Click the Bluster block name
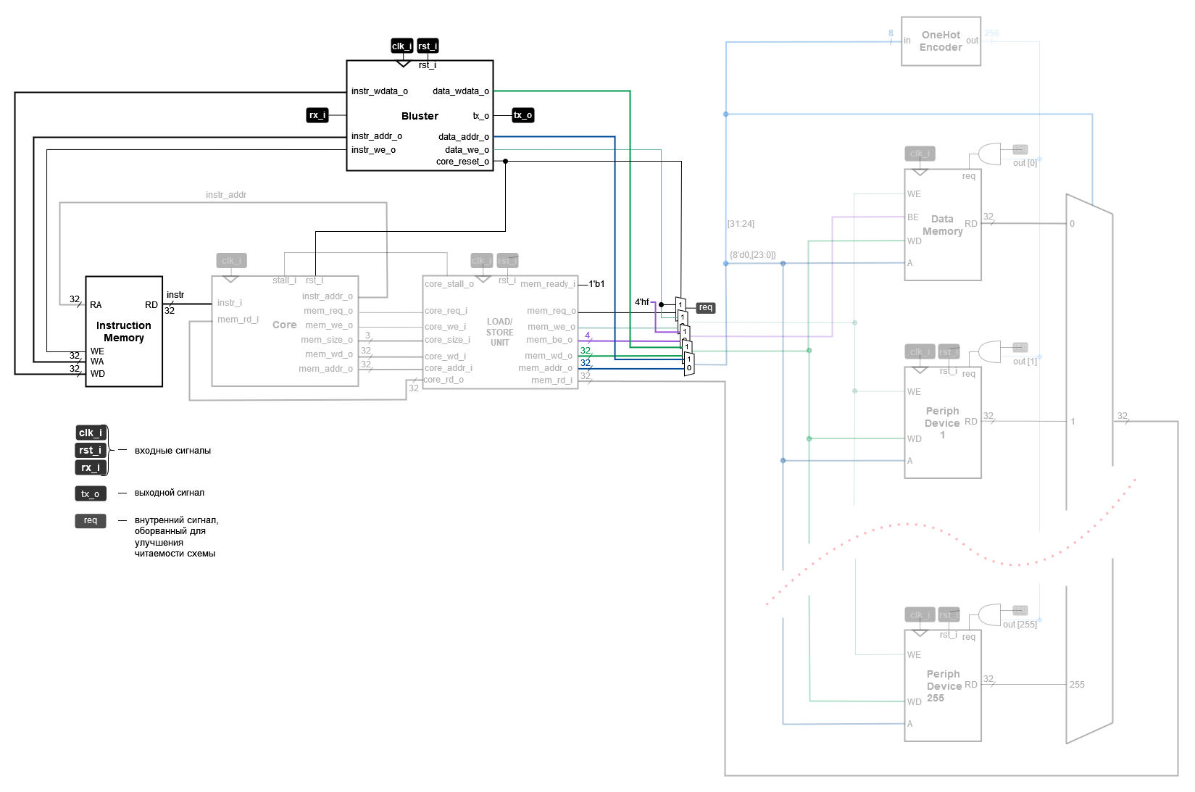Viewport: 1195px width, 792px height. coord(420,116)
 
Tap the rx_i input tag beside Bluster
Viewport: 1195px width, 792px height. coord(317,115)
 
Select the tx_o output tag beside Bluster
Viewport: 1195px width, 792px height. coord(523,115)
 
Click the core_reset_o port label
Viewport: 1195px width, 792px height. coord(462,162)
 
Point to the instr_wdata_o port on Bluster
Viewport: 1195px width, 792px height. coord(380,91)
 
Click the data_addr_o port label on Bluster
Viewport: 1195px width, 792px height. coord(463,137)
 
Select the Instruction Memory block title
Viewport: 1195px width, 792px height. coord(124,332)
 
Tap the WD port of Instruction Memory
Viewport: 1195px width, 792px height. coord(98,374)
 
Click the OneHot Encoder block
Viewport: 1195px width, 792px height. coord(941,41)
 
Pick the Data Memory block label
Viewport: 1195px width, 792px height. coord(942,225)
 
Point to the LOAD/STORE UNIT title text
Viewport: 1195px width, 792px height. coord(499,332)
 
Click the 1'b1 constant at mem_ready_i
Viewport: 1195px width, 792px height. coord(596,284)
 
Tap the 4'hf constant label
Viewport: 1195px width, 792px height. coord(642,302)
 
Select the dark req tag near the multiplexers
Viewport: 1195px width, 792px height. coord(705,308)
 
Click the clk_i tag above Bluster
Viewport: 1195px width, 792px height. coord(401,46)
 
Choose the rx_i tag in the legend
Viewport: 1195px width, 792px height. coord(91,467)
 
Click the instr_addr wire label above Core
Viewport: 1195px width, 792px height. coord(226,195)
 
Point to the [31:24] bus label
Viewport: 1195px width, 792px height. coord(741,224)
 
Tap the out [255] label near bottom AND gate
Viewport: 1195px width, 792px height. coord(1020,625)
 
